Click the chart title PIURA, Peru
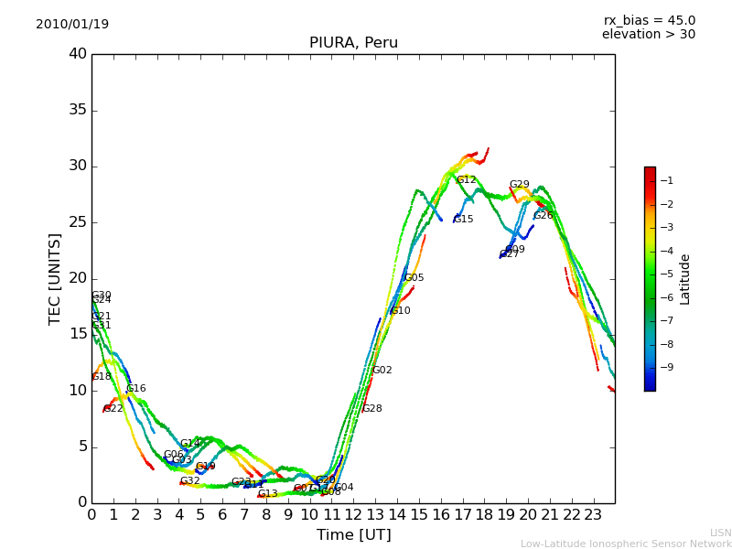[x=353, y=42]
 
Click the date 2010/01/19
[x=72, y=24]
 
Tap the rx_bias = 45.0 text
[x=649, y=20]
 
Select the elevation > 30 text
[x=649, y=35]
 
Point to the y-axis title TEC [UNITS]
[x=55, y=278]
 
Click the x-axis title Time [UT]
[x=353, y=534]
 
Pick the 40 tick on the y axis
[x=77, y=54]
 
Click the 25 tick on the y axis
[x=77, y=222]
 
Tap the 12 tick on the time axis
[x=353, y=515]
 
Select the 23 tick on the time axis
[x=593, y=515]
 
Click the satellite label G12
[x=467, y=180]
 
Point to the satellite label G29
[x=519, y=185]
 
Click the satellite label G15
[x=463, y=220]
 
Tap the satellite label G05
[x=414, y=278]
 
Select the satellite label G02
[x=382, y=371]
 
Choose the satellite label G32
[x=189, y=481]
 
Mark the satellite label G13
[x=267, y=494]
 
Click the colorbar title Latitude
[x=685, y=278]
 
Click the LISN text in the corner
[x=720, y=533]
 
